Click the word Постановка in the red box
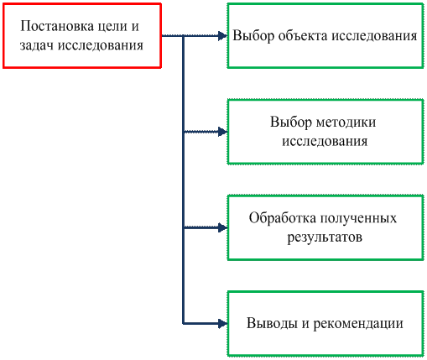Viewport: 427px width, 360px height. [x=57, y=26]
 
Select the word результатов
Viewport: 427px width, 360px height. [x=325, y=237]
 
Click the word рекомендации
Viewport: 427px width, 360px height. [x=358, y=324]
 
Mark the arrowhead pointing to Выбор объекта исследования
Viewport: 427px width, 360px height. [x=222, y=36]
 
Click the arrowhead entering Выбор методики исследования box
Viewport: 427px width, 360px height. [x=222, y=132]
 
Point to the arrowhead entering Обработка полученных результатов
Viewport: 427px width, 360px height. [x=222, y=227]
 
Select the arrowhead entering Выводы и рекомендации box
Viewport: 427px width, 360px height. [x=222, y=324]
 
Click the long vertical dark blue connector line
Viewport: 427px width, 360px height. [x=183, y=180]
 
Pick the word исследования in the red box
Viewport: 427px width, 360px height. [x=101, y=46]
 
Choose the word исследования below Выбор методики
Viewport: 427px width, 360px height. [x=325, y=141]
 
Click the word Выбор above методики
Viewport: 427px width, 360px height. [x=291, y=122]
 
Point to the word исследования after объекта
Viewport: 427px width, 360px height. [x=374, y=36]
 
